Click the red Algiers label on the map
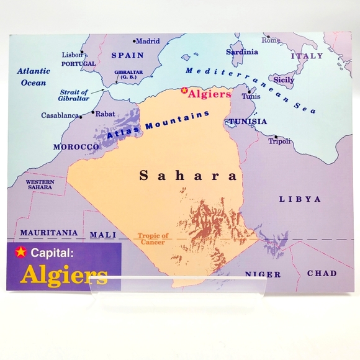(x=210, y=94)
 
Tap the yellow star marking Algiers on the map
(x=184, y=92)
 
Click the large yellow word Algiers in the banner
(x=63, y=276)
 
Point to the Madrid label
(x=148, y=42)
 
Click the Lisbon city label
(x=72, y=55)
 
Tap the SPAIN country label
(x=127, y=55)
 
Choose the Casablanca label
(x=60, y=115)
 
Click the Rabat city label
(x=106, y=114)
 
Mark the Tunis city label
(x=251, y=96)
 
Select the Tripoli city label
(x=279, y=142)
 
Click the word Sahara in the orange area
(x=188, y=176)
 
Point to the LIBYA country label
(x=300, y=199)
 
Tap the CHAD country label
(x=322, y=273)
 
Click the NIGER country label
(x=262, y=274)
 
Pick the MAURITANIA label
(x=49, y=233)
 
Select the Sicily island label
(x=284, y=80)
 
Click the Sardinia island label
(x=242, y=52)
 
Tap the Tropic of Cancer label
(x=153, y=239)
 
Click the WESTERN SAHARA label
(x=40, y=184)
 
